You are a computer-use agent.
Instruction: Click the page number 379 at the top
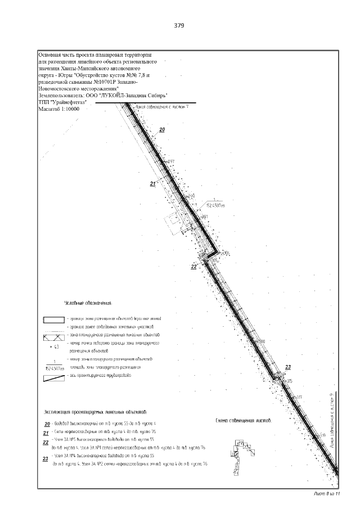point(179,26)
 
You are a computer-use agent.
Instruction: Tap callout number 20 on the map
point(162,130)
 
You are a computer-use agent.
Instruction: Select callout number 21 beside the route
point(152,184)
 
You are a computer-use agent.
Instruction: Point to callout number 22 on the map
point(193,267)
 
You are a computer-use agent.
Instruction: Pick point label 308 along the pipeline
point(261,341)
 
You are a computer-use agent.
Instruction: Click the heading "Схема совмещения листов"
point(244,420)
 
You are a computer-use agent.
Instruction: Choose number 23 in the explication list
point(45,460)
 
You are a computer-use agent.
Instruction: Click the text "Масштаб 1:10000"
point(58,109)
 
